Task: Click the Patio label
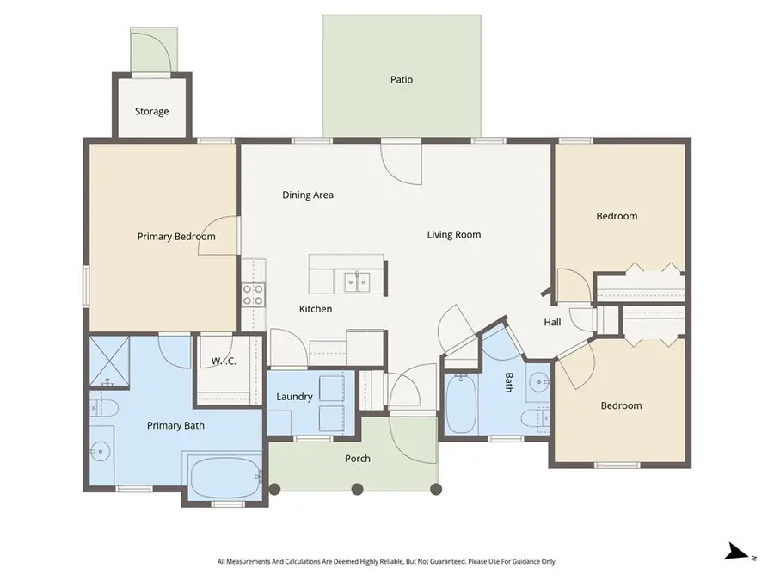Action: [x=401, y=80]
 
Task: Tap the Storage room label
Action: [x=151, y=112]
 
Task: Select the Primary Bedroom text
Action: [x=176, y=237]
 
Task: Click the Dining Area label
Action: [x=308, y=195]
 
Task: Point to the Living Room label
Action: [x=454, y=235]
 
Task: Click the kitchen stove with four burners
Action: [x=253, y=295]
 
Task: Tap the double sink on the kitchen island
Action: [x=357, y=281]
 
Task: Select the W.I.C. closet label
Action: [x=224, y=362]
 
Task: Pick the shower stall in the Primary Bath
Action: [x=109, y=362]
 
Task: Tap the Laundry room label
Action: [x=294, y=397]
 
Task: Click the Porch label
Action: [x=358, y=459]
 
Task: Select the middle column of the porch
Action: [x=358, y=489]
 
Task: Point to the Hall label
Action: [x=552, y=323]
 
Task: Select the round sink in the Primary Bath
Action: [x=100, y=449]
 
